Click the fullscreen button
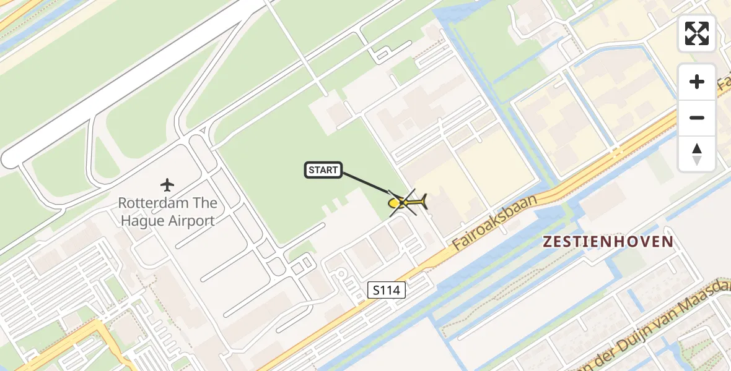(x=697, y=33)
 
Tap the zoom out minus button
(x=697, y=117)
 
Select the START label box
(x=323, y=170)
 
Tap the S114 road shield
(x=387, y=289)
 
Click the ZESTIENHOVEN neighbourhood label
(x=608, y=242)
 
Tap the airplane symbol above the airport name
(x=167, y=184)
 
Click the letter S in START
(x=311, y=170)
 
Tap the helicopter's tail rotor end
(x=425, y=200)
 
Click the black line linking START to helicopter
(x=365, y=184)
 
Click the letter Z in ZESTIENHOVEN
(x=548, y=242)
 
